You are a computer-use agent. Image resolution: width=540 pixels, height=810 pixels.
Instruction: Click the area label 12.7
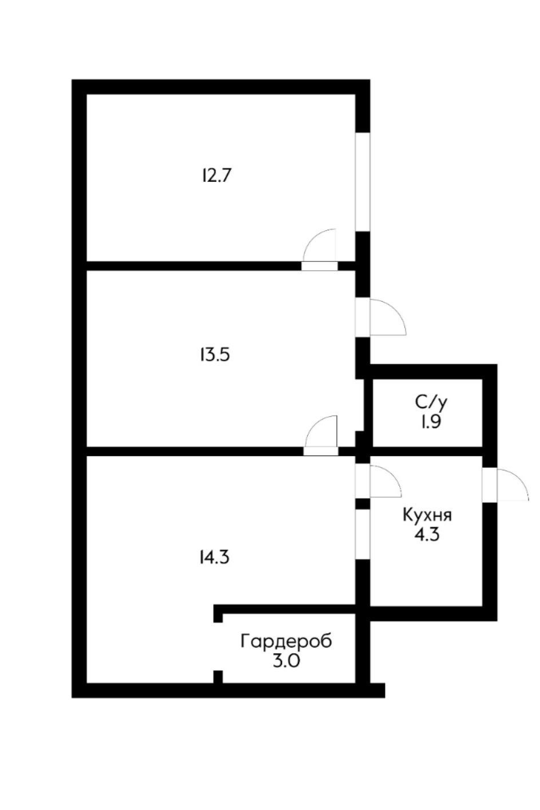point(216,175)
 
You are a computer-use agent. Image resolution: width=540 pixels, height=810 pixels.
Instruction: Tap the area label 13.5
point(215,356)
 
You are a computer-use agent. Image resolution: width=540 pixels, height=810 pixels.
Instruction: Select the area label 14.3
point(215,557)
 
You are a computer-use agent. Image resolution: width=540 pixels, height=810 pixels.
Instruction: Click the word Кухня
point(427,515)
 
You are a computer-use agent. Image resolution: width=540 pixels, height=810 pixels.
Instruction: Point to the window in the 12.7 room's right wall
point(363,182)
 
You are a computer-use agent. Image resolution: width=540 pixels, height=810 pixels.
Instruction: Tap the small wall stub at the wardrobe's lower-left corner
point(218,676)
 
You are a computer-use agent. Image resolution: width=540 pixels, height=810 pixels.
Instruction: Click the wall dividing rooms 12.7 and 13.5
point(194,266)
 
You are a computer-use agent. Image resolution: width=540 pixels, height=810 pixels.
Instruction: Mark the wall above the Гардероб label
point(286,609)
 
